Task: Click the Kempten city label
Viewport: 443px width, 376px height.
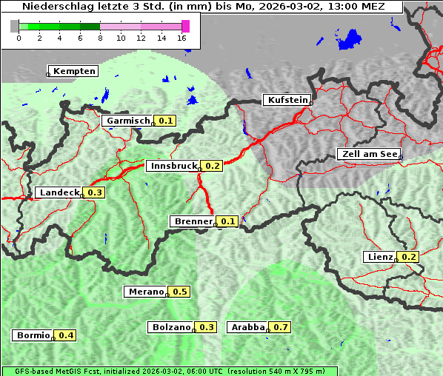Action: (x=74, y=71)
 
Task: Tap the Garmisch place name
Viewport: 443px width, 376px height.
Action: (x=128, y=121)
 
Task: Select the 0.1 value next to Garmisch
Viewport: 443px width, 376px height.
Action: (x=165, y=121)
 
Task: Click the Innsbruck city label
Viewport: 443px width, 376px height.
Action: (x=173, y=166)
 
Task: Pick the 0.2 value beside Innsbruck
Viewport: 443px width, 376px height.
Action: (x=213, y=166)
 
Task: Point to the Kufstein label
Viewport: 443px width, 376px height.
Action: (x=287, y=100)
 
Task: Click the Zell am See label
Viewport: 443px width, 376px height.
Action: (x=368, y=154)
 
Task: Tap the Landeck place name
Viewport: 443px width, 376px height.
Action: (x=59, y=192)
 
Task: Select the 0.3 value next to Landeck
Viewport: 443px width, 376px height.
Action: (x=95, y=192)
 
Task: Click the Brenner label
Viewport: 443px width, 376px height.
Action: (x=193, y=221)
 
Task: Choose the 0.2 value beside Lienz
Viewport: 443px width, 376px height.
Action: (x=409, y=257)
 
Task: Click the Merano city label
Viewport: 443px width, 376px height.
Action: (x=145, y=292)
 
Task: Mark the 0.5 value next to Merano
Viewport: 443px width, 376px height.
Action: (x=180, y=292)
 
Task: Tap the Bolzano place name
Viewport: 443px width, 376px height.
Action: (x=172, y=327)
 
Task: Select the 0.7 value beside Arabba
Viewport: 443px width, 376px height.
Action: (x=280, y=327)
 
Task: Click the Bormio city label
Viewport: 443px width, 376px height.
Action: (x=33, y=335)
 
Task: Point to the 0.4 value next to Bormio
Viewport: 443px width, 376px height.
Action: (x=66, y=335)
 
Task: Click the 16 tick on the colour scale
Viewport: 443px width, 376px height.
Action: (x=181, y=38)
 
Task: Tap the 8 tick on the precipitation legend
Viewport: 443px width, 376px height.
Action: (x=100, y=38)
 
